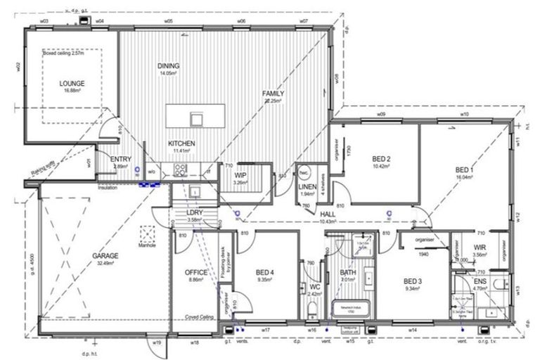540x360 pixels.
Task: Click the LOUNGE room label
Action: tap(72, 83)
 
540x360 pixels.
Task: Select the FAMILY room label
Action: tap(273, 94)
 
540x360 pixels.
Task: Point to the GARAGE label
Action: tap(104, 256)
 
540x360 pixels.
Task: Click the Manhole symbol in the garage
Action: tap(148, 233)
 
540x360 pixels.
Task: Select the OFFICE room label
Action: tap(195, 272)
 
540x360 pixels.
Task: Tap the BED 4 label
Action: tap(264, 272)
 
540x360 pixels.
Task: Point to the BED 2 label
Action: tap(381, 159)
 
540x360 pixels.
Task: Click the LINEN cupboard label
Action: tap(307, 186)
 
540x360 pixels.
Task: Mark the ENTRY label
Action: tap(120, 160)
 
